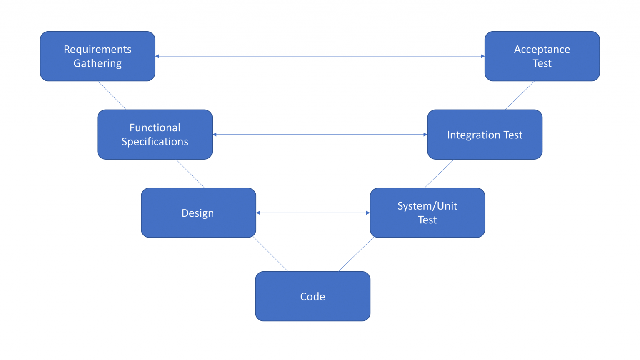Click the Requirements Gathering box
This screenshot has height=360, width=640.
[97, 56]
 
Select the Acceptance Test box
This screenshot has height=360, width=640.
[542, 56]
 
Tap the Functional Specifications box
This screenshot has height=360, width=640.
[155, 135]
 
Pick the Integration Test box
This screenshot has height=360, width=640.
[485, 135]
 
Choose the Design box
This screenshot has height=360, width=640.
[198, 213]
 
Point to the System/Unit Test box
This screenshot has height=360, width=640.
[427, 213]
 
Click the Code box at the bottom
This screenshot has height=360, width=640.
[312, 296]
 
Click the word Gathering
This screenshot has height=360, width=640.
[97, 63]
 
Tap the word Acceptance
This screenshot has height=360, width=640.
[542, 50]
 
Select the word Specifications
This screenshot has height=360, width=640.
[155, 142]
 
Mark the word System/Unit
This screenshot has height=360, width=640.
[427, 206]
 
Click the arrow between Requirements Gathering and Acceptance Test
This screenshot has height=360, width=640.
[320, 56]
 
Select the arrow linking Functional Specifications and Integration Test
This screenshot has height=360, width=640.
[320, 135]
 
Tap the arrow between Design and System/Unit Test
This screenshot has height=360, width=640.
[313, 213]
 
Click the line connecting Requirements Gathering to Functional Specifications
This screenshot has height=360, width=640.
[112, 95]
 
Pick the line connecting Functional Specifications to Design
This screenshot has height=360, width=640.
[190, 174]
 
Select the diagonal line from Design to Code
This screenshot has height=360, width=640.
[270, 254]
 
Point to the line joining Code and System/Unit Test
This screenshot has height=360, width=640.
[356, 254]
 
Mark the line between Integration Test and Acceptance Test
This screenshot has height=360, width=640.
[520, 95]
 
